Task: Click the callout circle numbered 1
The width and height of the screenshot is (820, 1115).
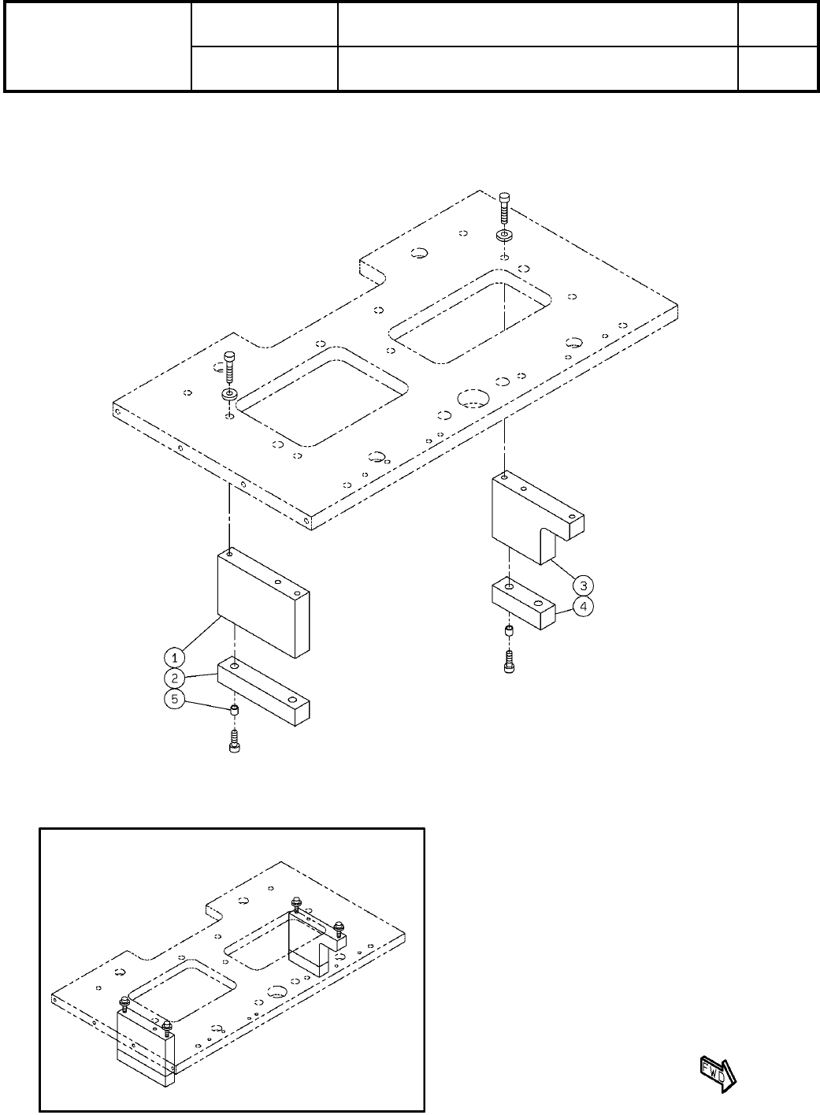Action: (x=173, y=656)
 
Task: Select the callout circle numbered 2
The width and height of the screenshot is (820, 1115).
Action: (x=173, y=677)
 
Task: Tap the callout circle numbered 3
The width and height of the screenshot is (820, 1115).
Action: (x=583, y=585)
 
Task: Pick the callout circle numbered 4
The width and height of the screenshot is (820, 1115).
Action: (x=583, y=607)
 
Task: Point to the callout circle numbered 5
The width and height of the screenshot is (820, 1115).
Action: (x=173, y=698)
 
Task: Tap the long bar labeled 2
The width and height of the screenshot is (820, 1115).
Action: (x=264, y=693)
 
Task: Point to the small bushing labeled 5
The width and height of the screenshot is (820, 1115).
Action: (x=234, y=710)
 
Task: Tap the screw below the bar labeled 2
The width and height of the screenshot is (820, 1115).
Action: (x=234, y=741)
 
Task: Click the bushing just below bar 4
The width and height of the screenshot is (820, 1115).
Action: (x=509, y=630)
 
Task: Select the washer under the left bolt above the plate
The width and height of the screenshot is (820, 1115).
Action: (x=228, y=392)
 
